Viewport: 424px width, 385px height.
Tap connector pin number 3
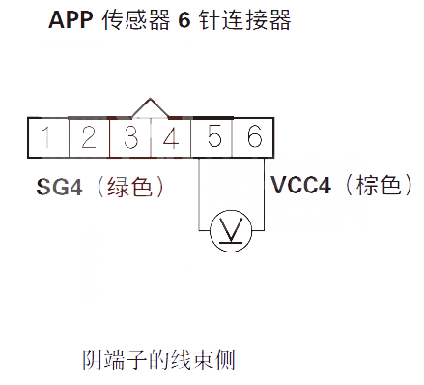tap(130, 137)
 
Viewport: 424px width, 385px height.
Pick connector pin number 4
tap(172, 137)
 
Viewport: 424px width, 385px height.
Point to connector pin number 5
tap(213, 137)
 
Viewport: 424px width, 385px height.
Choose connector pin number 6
tap(254, 137)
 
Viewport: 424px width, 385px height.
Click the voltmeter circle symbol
tap(231, 230)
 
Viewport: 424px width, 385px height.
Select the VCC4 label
tap(300, 185)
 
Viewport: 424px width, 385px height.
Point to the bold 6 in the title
tap(184, 20)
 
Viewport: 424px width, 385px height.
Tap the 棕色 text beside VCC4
tap(378, 185)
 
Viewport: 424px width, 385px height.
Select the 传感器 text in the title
tap(136, 20)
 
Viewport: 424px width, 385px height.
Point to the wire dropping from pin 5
tap(200, 193)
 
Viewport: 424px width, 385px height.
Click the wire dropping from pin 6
tap(262, 193)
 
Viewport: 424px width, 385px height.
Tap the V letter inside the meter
tap(231, 230)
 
